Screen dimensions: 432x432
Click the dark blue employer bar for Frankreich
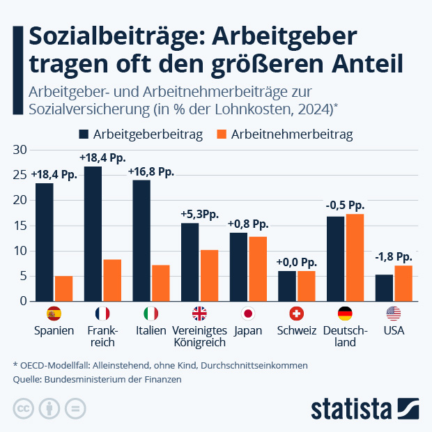pos(93,233)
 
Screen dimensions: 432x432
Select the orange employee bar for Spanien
pos(63,288)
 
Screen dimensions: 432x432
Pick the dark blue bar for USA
pos(384,288)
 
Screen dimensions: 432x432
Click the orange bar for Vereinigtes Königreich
pos(209,275)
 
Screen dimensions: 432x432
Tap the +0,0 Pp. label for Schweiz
pos(297,262)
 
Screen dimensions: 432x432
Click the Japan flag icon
pos(248,313)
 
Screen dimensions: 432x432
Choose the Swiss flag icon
pos(296,313)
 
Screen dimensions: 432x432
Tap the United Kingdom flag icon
pos(199,313)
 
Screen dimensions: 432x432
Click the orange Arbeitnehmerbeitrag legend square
pos(223,134)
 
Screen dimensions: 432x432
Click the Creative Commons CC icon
pos(24,408)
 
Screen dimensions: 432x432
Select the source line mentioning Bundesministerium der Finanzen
pos(97,380)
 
